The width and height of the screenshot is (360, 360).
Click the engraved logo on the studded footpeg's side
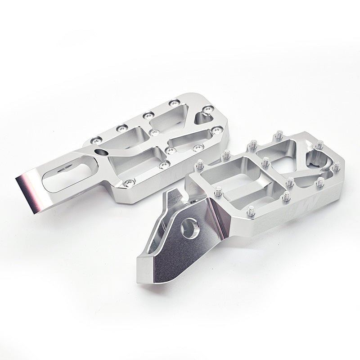pos(315,199)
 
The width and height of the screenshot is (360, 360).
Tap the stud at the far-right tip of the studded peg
pos(336,166)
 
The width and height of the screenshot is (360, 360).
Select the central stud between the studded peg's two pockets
pos(266,161)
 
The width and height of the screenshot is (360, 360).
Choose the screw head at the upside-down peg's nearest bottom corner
pos(130,182)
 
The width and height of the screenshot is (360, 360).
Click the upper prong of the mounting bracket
pos(171,197)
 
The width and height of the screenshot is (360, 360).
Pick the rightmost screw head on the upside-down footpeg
pos(217,130)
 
